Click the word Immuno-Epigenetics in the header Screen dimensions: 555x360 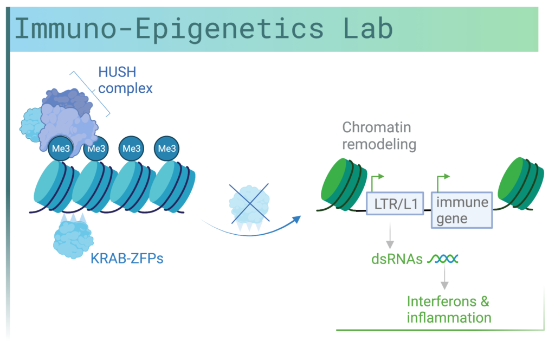(x=169, y=30)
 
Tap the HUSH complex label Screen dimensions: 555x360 (x=125, y=80)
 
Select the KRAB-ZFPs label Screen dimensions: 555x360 (x=127, y=259)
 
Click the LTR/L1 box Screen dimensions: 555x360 (x=395, y=203)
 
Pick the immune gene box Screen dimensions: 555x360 (x=462, y=210)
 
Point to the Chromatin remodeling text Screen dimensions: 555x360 (x=379, y=136)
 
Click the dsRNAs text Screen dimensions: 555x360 (x=397, y=259)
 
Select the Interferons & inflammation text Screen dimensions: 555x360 (x=449, y=310)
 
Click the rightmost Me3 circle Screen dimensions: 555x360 (x=167, y=149)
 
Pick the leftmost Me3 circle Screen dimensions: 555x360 (x=61, y=149)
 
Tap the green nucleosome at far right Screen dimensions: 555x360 (x=520, y=184)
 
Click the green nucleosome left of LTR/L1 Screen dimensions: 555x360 (x=344, y=184)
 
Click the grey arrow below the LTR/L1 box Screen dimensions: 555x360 (x=390, y=235)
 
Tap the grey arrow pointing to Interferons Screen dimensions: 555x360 (x=444, y=277)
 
